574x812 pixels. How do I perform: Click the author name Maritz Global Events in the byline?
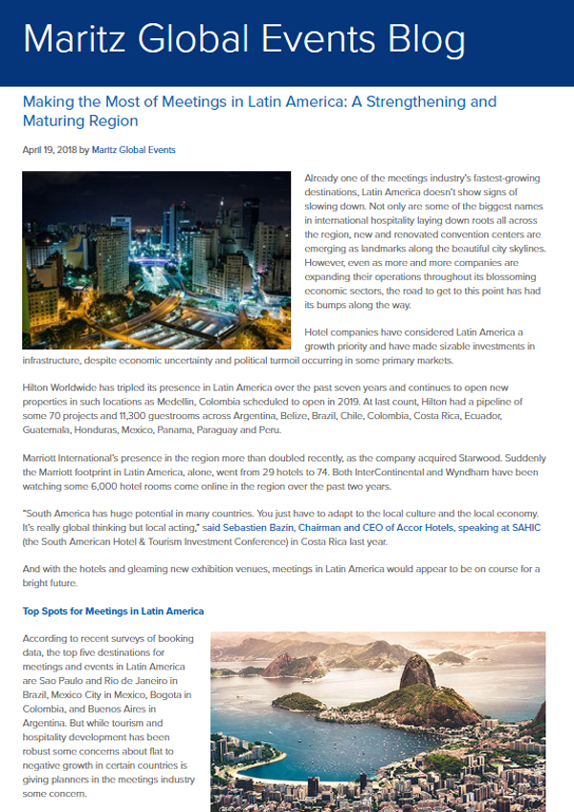click(x=134, y=150)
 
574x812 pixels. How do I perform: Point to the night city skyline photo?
click(x=156, y=260)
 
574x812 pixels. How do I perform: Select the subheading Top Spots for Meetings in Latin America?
click(x=113, y=610)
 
